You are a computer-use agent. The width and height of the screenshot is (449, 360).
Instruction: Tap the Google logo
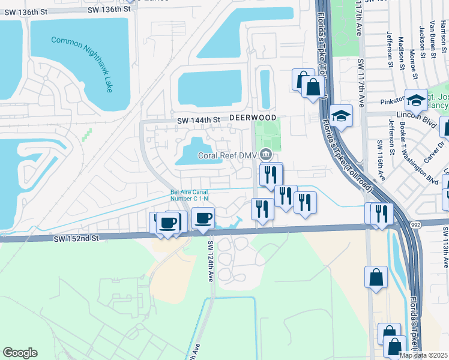(x=20, y=353)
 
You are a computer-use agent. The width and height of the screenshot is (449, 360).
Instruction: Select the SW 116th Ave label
(x=379, y=160)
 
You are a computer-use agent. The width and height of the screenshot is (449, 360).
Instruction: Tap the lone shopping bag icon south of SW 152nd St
(x=376, y=277)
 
